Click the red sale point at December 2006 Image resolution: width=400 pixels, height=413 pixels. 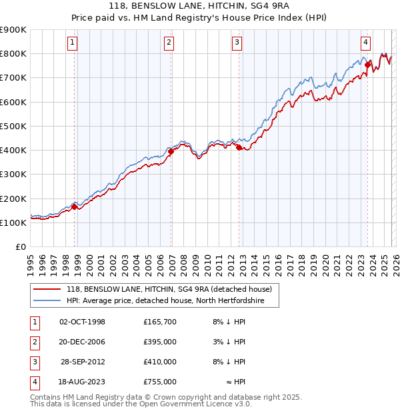[171, 151]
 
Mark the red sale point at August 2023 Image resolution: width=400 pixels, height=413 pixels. [367, 65]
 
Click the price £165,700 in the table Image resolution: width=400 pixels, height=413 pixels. [159, 322]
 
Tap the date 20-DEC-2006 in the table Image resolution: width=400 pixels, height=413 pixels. [83, 342]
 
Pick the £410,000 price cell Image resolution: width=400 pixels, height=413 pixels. [159, 362]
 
